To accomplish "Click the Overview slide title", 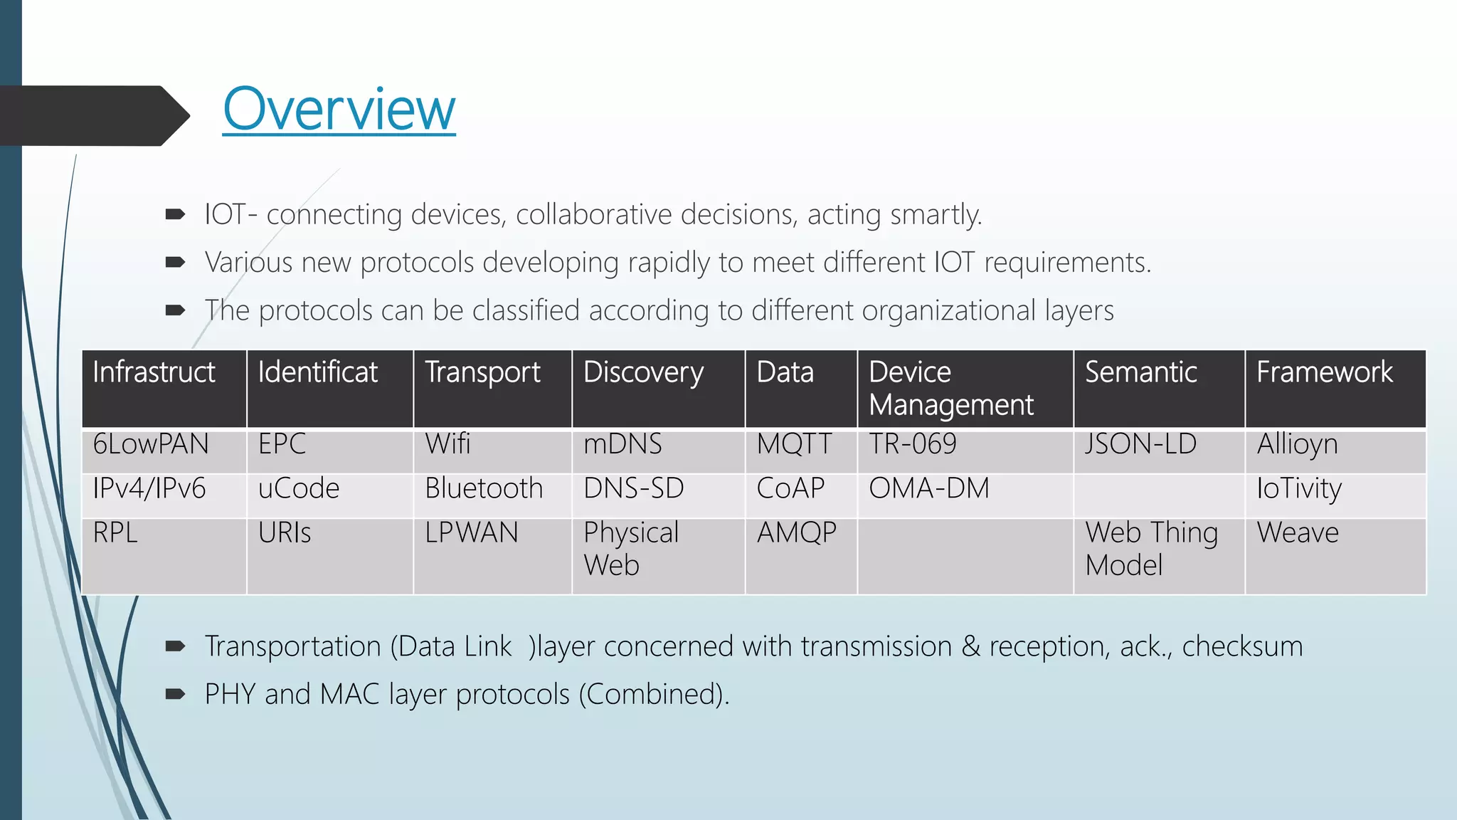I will (x=339, y=110).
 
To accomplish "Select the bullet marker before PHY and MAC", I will (x=175, y=694).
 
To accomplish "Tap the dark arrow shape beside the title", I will (x=92, y=116).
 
